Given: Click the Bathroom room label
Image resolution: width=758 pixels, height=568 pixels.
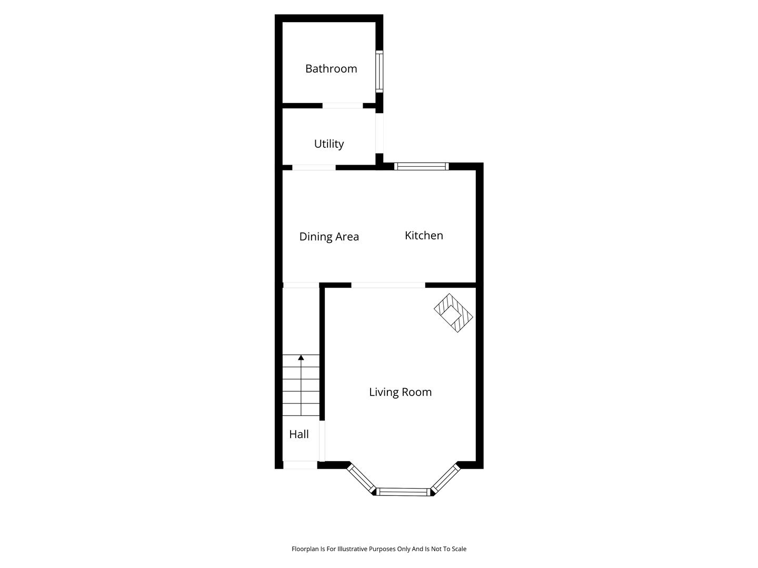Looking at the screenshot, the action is tap(331, 68).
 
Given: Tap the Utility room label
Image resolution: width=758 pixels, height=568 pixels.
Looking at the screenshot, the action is tap(329, 144).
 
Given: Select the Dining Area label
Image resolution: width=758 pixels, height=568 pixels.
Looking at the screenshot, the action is tap(329, 237).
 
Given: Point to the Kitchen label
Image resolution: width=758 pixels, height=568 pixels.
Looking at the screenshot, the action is tap(424, 236).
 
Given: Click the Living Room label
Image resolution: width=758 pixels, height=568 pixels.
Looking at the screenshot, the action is tap(400, 392).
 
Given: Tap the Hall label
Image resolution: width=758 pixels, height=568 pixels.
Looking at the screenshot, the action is tap(298, 434).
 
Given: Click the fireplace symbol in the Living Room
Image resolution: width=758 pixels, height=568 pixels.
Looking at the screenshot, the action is tap(453, 313).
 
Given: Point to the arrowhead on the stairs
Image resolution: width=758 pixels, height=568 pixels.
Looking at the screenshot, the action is tap(301, 358).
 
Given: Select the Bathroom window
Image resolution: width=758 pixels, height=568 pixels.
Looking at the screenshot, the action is tap(379, 72).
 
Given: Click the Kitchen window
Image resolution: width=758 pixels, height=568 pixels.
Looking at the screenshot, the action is tap(421, 167).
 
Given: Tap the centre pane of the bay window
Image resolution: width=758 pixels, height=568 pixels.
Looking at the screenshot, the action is tap(403, 492).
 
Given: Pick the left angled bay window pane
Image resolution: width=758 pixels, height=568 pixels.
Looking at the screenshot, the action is tap(361, 479).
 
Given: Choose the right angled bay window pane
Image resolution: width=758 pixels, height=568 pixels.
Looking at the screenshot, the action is tap(445, 479).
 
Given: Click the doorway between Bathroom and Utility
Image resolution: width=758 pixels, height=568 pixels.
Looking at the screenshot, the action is tap(343, 106).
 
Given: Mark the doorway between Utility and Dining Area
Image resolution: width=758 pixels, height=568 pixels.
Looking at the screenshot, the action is tap(314, 168).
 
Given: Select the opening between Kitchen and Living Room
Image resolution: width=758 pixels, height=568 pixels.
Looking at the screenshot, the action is tap(388, 285).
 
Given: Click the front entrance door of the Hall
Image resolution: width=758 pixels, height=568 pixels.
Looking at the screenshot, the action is tap(300, 465).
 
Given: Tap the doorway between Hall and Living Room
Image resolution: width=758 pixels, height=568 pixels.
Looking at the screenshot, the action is tap(322, 441).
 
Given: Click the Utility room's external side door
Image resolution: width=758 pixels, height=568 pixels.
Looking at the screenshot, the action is tap(379, 133).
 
